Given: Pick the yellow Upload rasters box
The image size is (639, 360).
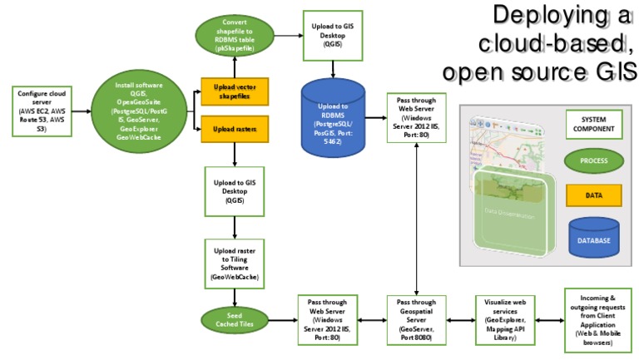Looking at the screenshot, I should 234,130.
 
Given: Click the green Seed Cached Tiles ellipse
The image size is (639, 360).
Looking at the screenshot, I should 234,320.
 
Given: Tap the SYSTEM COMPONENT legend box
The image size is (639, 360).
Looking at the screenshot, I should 593,124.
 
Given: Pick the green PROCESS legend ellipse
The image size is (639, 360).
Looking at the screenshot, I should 593,160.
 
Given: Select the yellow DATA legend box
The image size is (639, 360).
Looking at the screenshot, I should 593,195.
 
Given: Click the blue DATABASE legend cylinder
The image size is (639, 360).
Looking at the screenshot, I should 593,237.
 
